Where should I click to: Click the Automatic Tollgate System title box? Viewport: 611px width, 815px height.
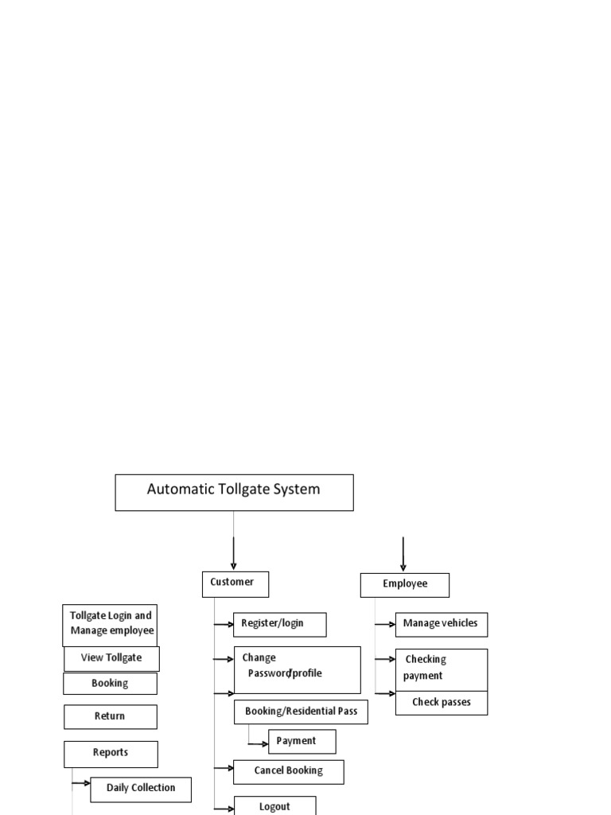234,492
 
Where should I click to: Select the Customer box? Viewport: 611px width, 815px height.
235,583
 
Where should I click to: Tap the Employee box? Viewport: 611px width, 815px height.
404,585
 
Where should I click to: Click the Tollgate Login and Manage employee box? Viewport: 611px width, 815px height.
110,625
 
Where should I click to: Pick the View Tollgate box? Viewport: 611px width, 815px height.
111,658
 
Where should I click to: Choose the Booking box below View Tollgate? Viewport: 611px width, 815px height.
110,684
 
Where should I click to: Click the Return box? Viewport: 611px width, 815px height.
110,716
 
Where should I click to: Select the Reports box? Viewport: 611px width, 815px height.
111,753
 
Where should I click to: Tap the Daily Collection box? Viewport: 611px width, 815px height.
141,789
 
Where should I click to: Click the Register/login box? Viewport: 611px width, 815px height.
279,624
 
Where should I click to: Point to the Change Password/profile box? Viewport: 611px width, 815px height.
297,669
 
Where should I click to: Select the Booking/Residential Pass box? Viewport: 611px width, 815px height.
301,712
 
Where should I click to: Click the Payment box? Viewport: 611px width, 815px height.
302,741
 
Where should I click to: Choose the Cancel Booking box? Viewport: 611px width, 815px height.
288,771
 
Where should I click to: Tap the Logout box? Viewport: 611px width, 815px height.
274,805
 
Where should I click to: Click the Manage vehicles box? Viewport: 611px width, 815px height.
441,624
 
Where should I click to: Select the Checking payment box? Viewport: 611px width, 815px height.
441,669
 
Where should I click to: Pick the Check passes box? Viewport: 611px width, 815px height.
441,703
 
